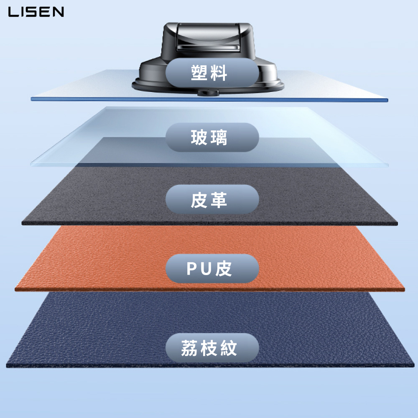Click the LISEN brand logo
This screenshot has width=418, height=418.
point(36,12)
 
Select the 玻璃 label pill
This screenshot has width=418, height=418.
point(212,137)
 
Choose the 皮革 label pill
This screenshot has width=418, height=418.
point(212,200)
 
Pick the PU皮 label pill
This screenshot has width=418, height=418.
point(212,268)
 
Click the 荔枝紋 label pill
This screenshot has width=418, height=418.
point(212,348)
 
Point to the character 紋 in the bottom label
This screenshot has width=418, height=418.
point(229,348)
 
